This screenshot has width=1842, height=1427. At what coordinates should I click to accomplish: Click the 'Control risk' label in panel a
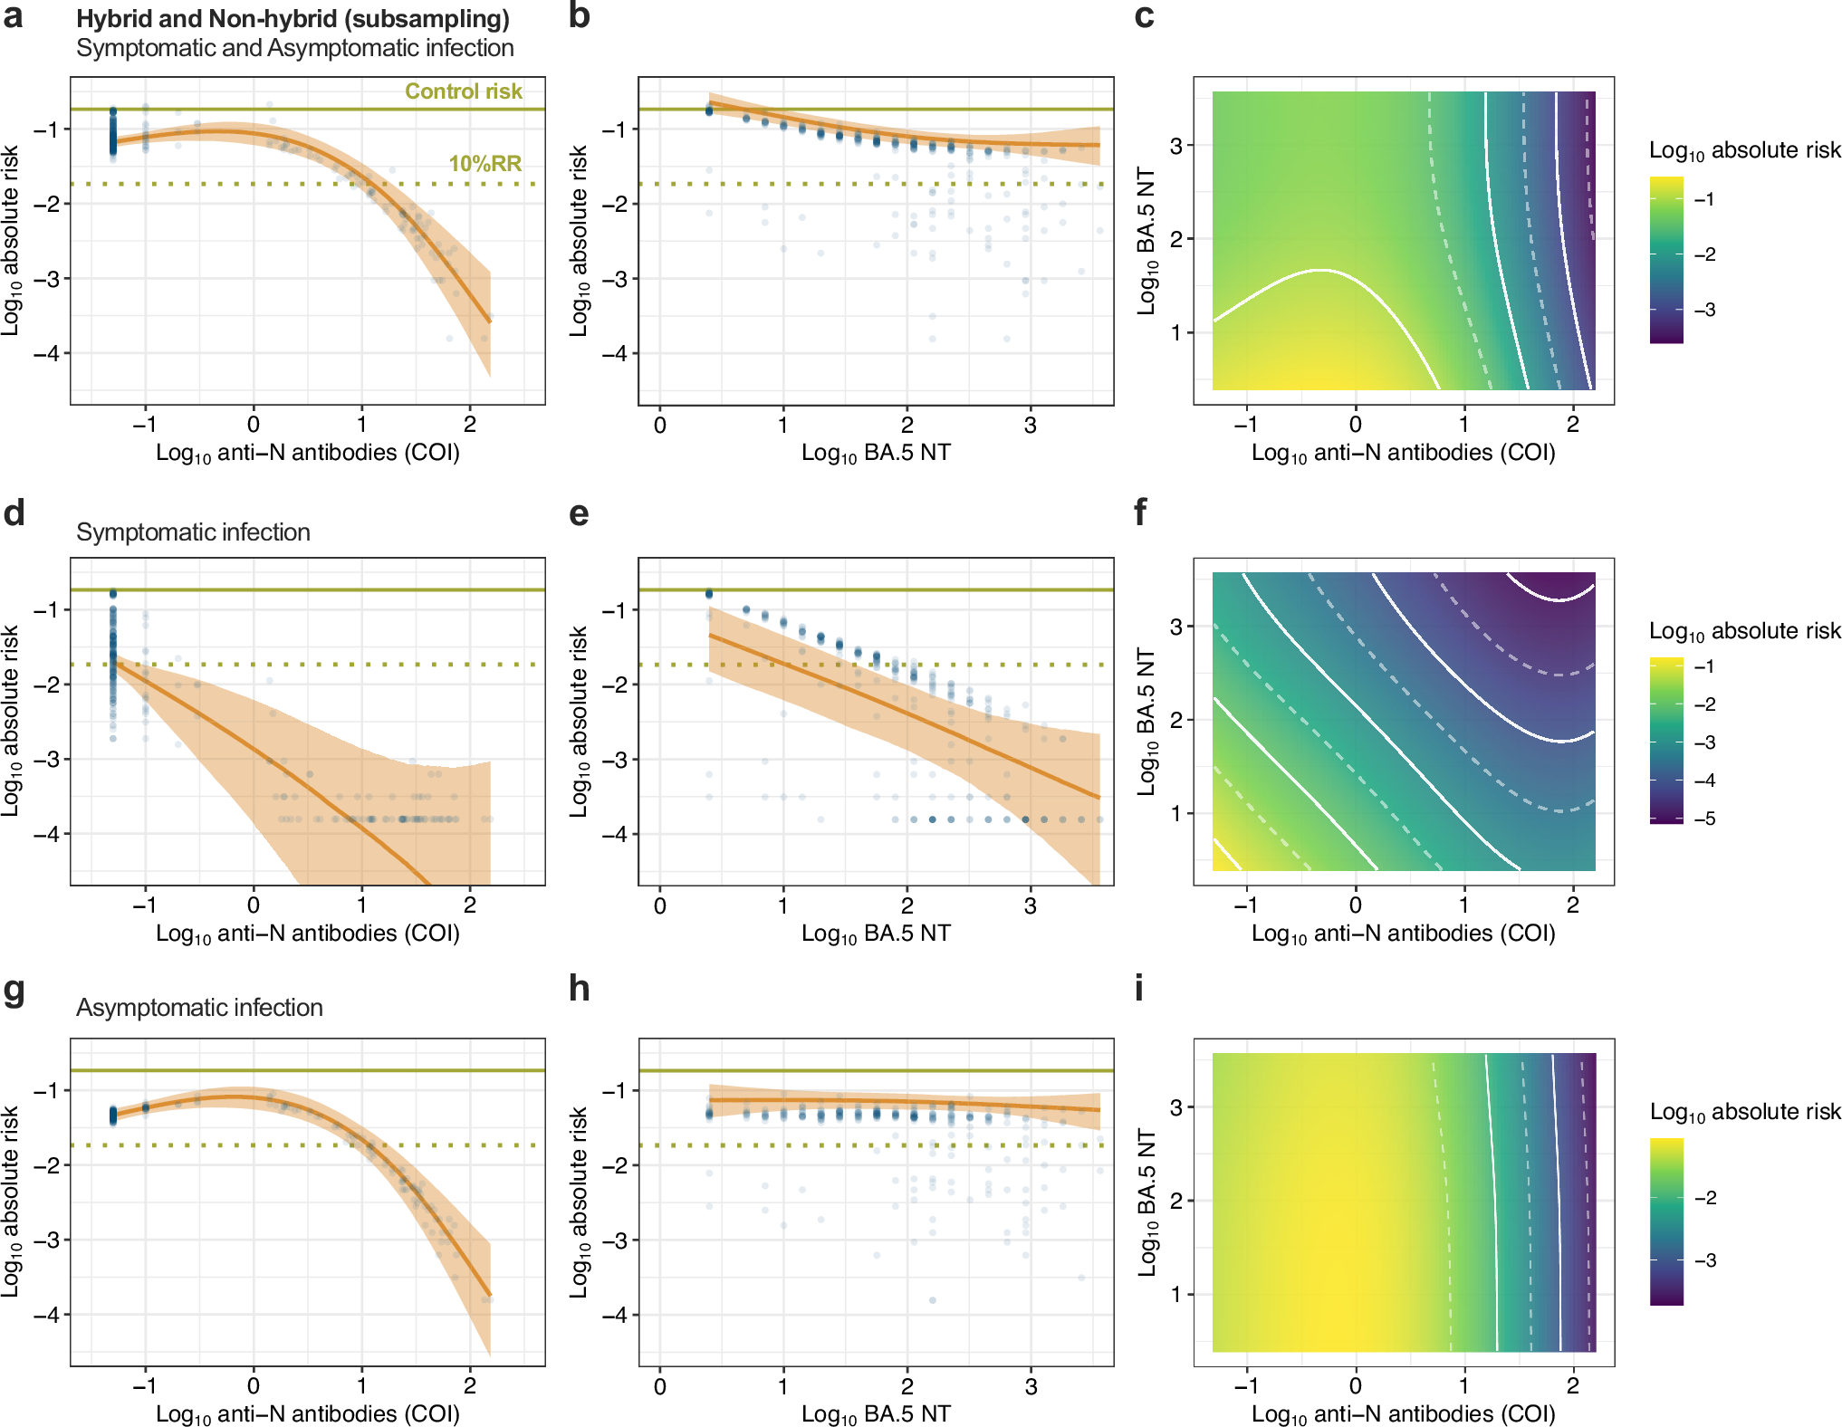(x=463, y=91)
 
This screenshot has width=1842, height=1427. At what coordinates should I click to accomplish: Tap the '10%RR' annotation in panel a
(x=484, y=164)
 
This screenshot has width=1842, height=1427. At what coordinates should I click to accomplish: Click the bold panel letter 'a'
(x=13, y=16)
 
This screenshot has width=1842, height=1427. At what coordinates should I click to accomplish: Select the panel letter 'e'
(x=579, y=513)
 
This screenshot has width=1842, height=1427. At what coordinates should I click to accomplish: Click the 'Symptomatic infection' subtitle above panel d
(x=193, y=532)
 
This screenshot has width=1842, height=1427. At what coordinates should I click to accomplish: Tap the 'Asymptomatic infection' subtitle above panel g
(x=199, y=1008)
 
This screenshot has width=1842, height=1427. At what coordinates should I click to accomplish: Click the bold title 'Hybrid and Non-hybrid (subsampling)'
(x=293, y=19)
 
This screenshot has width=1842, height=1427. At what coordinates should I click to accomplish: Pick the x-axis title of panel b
(x=876, y=453)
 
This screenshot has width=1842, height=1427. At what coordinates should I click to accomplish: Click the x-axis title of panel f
(x=1403, y=934)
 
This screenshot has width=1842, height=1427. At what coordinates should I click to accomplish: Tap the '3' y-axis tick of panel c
(x=1175, y=145)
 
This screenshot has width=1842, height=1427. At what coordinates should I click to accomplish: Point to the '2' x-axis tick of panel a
(x=470, y=424)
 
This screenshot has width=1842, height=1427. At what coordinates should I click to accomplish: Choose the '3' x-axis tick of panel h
(x=1031, y=1386)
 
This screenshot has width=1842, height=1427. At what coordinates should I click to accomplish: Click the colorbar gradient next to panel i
(x=1666, y=1221)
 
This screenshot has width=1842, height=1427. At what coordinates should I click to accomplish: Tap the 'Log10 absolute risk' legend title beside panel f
(x=1744, y=631)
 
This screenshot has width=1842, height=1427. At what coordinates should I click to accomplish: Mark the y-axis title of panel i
(x=1146, y=1202)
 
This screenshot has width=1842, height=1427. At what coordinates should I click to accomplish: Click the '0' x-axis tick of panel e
(x=660, y=905)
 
